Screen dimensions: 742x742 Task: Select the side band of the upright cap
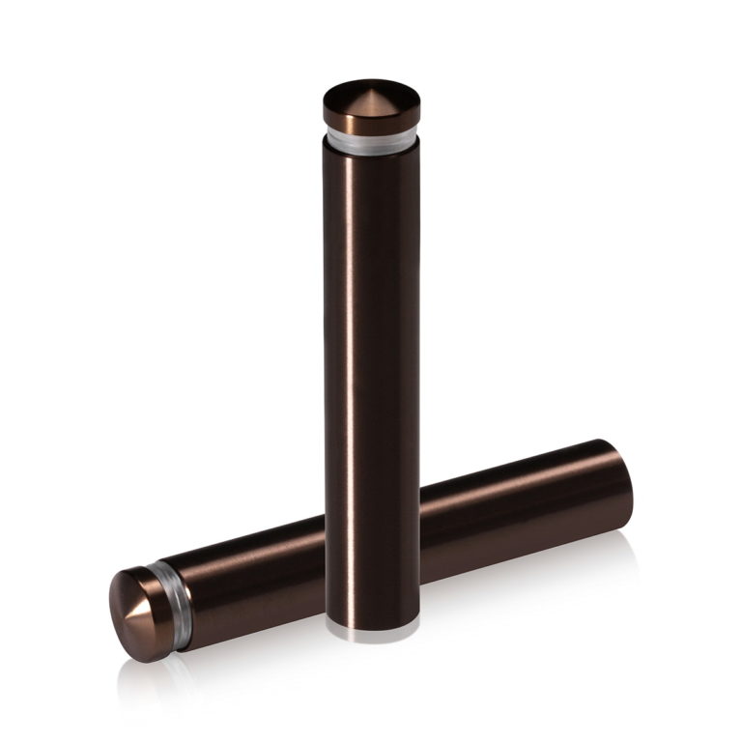click(372, 123)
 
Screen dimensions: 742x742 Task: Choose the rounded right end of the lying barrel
click(624, 483)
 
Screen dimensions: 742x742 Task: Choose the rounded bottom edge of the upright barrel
click(372, 618)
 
